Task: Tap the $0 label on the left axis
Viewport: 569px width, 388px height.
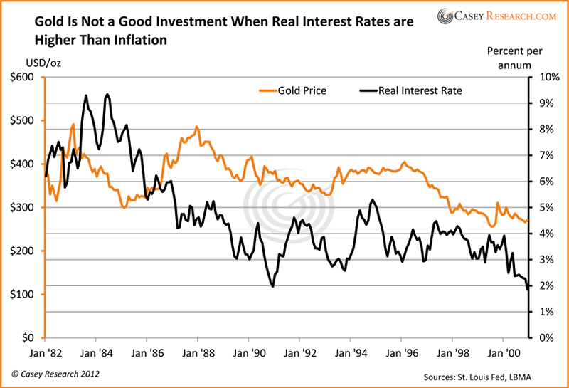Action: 26,337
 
